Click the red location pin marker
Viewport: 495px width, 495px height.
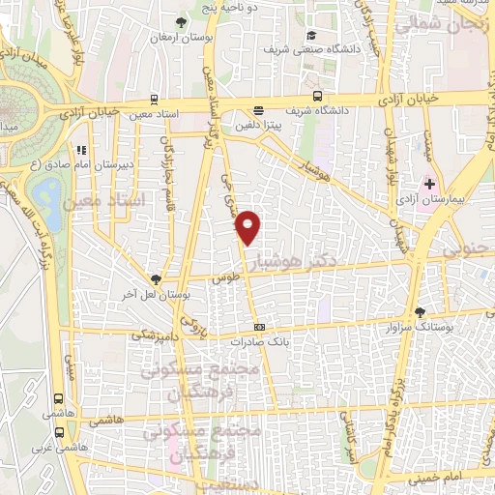coord(249,226)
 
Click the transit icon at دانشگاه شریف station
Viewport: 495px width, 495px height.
coord(318,96)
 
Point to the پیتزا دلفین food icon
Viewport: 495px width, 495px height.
coord(258,111)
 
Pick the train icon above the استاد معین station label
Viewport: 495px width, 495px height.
coord(155,99)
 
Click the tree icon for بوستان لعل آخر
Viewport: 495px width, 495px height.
coord(155,278)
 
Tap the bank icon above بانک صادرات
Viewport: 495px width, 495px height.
coord(259,327)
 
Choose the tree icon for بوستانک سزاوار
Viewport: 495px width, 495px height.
coord(419,312)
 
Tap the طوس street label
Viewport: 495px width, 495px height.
coord(229,277)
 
